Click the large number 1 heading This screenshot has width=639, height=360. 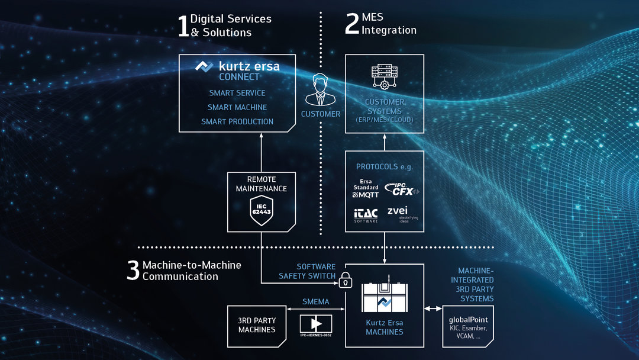pos(183,26)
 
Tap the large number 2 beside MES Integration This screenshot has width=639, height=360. pos(352,24)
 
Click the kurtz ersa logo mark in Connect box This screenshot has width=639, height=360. pos(204,66)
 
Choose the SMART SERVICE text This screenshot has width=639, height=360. pos(237,93)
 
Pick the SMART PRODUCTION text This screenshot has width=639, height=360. pos(237,121)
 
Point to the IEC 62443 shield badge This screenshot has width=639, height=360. pos(261,210)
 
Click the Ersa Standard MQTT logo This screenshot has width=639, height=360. pos(365,188)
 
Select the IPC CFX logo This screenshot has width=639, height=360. pos(402,189)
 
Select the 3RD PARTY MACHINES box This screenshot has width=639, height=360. pos(257,325)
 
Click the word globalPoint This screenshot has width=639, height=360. pos(468,320)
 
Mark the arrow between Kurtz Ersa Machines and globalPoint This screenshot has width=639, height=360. pos(433,308)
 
